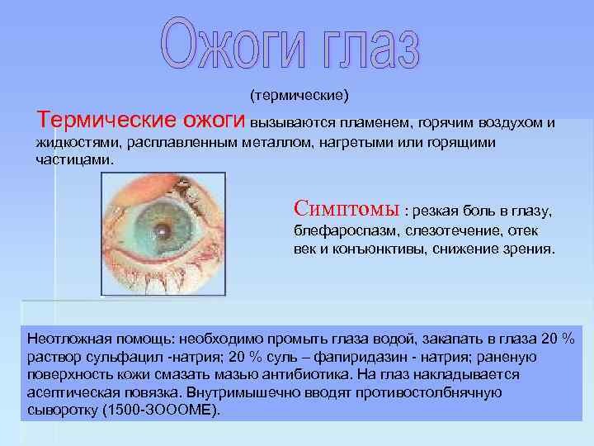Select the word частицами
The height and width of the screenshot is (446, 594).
coord(73,159)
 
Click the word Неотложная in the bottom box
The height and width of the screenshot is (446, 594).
coord(67,339)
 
